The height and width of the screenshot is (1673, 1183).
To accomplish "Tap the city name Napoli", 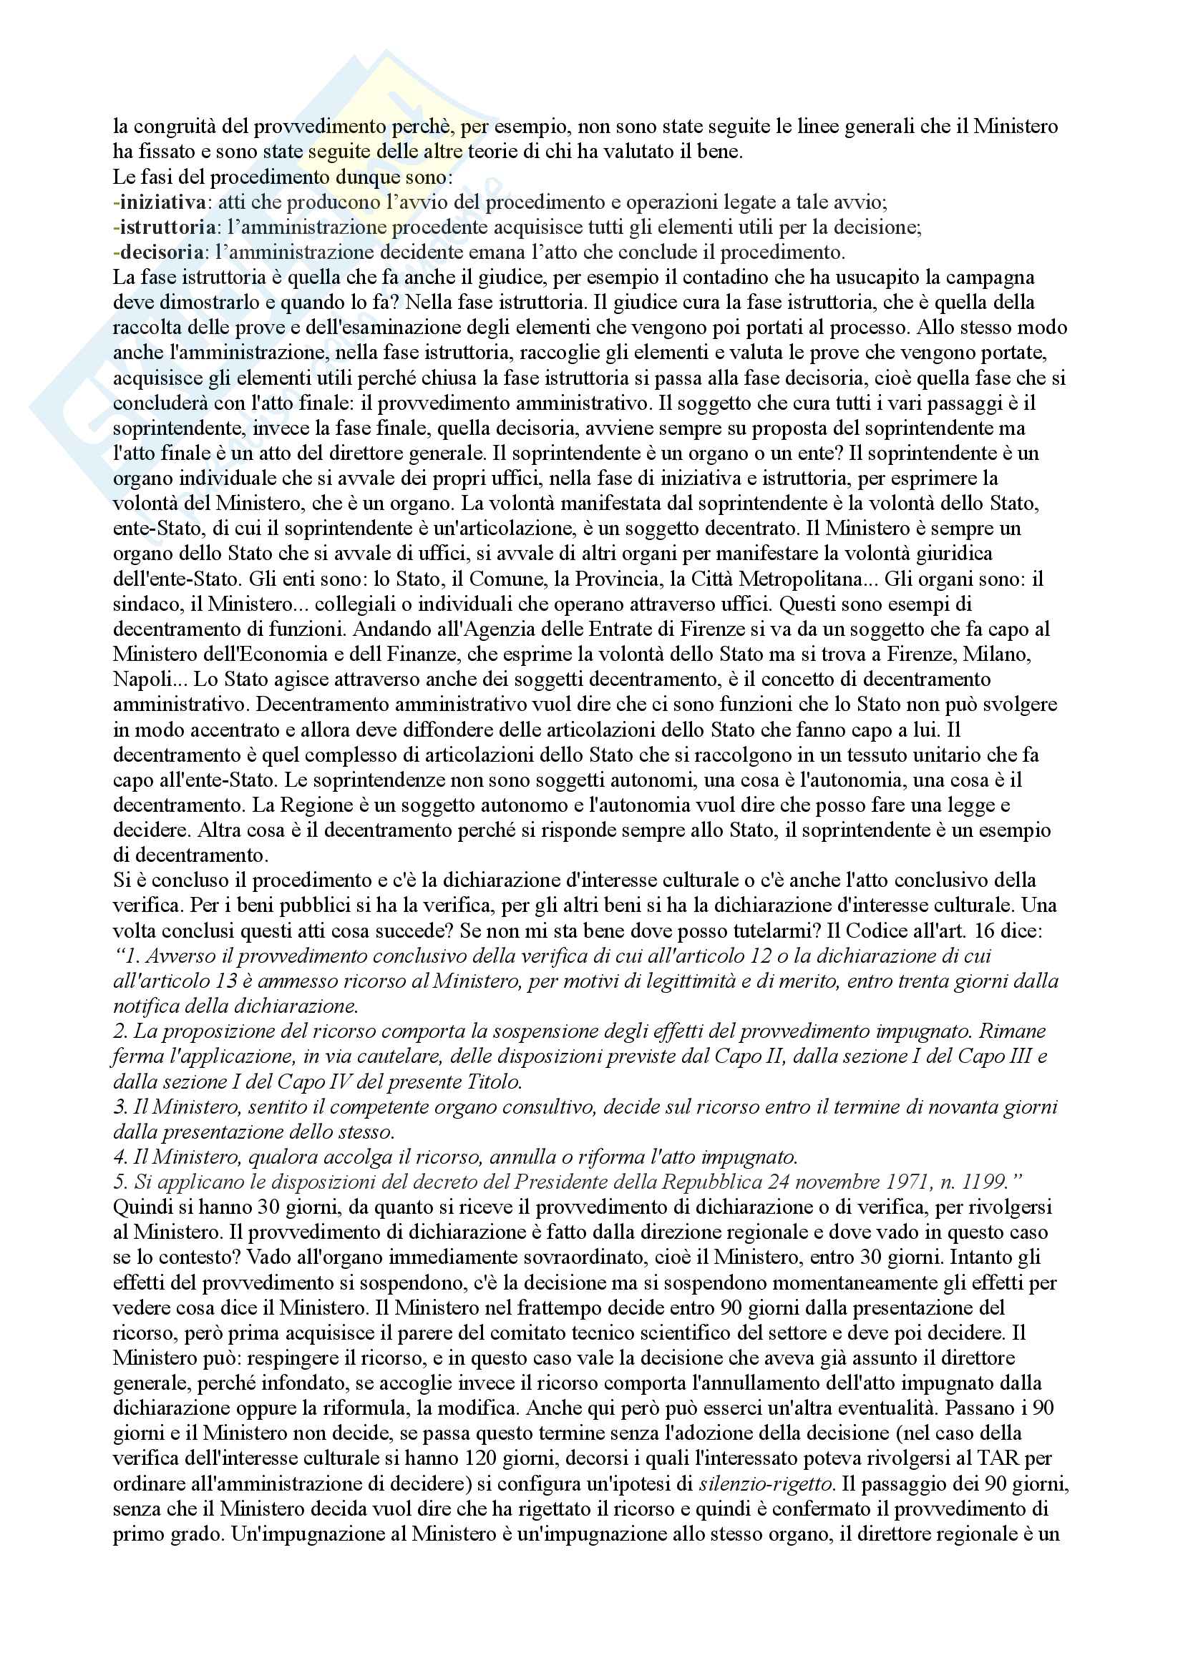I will coord(139,679).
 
